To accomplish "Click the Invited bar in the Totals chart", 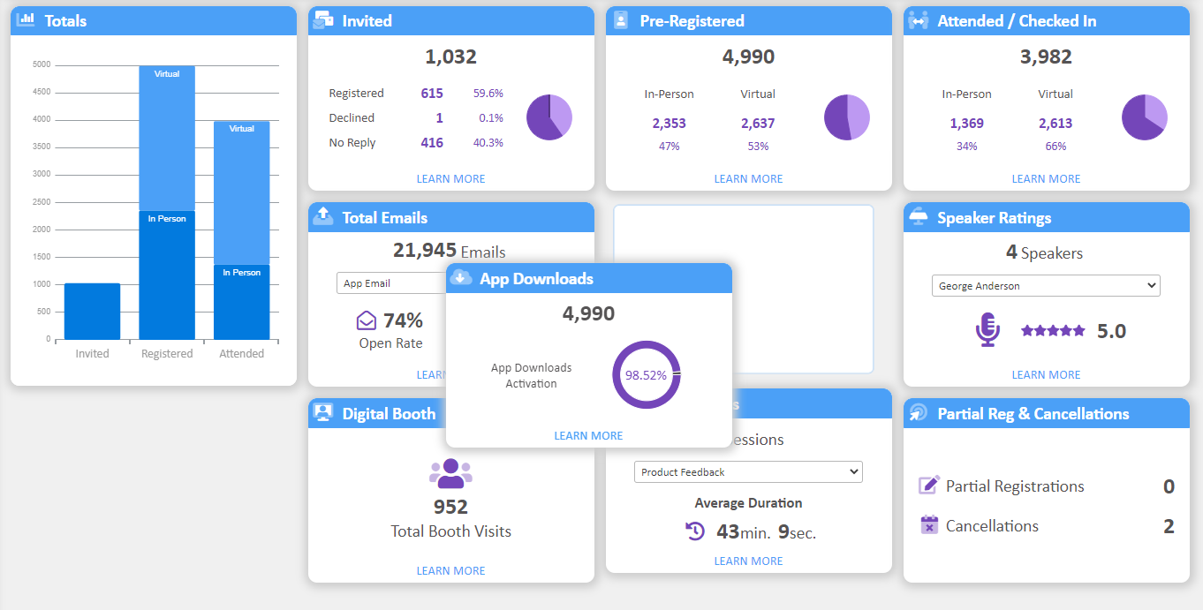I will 92,311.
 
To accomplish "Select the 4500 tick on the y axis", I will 42,92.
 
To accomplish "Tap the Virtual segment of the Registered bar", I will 167,139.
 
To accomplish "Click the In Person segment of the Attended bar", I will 241,302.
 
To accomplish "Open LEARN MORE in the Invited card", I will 450,179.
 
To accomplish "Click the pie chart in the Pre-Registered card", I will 847,117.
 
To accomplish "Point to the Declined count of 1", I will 439,118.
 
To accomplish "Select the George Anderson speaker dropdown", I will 1046,286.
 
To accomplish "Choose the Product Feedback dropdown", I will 748,472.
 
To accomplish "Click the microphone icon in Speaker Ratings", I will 987,330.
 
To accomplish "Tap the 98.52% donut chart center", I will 646,375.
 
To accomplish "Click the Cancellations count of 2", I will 1169,527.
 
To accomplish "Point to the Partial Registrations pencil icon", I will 929,486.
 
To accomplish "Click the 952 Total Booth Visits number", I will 450,508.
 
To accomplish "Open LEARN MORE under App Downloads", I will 588,436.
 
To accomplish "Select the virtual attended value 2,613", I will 1055,124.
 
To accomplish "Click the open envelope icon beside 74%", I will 367,320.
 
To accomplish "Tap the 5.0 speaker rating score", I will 1111,331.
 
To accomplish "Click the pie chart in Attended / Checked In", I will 1145,117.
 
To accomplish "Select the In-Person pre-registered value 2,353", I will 669,124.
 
